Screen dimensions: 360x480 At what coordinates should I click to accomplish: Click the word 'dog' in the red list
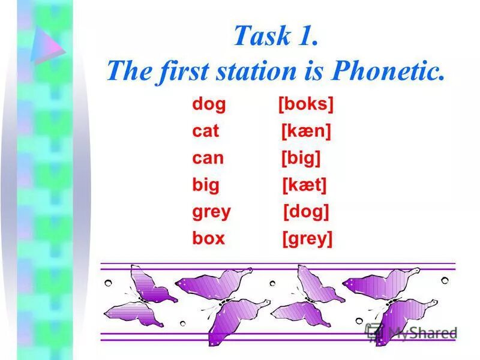point(209,104)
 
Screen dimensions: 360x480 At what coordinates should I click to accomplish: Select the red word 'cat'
point(206,131)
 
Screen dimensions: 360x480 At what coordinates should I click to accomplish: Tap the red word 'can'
point(208,158)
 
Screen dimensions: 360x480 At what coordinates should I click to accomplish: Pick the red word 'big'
point(206,185)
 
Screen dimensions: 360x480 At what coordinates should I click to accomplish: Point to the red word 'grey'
point(211,212)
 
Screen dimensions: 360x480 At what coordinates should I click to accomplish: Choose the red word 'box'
point(208,238)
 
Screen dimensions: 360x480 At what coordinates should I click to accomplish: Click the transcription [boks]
point(305,104)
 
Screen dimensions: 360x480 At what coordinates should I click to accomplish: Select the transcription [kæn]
point(306,131)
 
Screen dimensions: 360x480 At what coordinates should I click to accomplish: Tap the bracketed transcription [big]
point(301,158)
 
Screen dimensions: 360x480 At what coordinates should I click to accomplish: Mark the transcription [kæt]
point(304,185)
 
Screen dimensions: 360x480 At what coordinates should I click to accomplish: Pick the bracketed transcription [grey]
point(307,239)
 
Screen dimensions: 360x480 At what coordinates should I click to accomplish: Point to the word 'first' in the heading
point(181,72)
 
